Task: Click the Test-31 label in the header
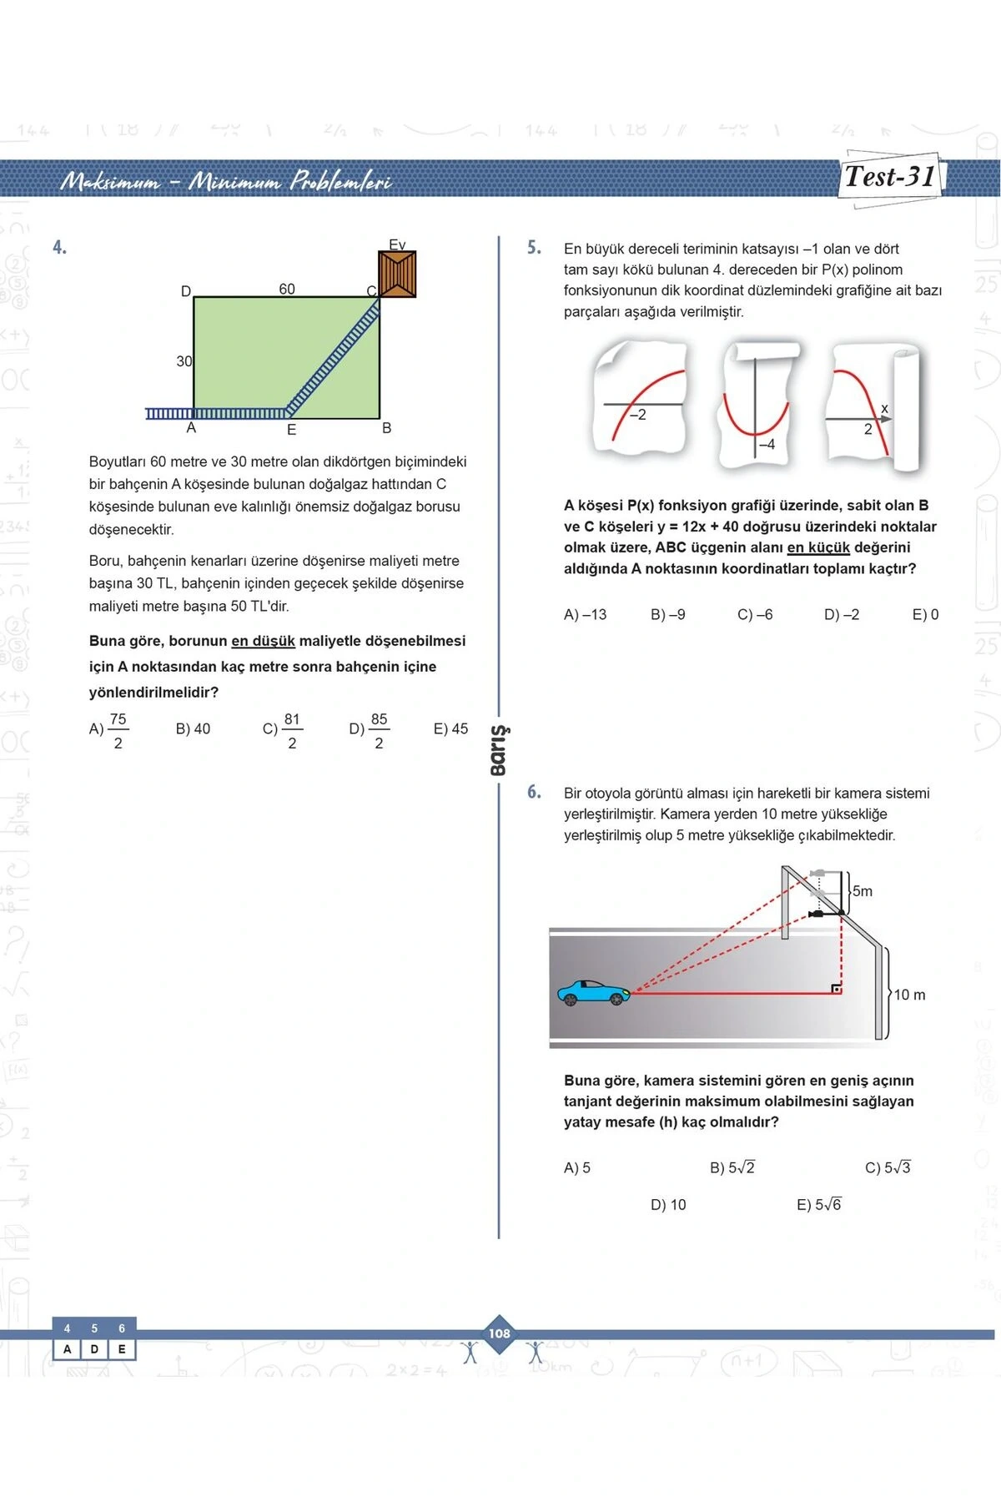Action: tap(889, 177)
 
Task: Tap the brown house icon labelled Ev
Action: tap(397, 275)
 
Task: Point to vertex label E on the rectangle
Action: tap(291, 430)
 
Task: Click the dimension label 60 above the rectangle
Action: tap(287, 289)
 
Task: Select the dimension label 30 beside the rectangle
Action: tap(184, 361)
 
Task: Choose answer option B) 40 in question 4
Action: tap(193, 728)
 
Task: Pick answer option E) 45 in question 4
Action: tap(450, 728)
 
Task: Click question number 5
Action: tap(534, 248)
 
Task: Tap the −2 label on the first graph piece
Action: tap(637, 415)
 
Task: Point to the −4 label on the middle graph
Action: tap(767, 444)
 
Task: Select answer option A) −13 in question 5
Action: tap(585, 614)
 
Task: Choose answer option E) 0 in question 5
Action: tap(925, 614)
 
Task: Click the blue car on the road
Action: tap(593, 992)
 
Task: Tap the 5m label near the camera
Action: tap(863, 891)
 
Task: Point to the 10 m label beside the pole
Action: tap(909, 995)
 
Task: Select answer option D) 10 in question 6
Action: tap(668, 1204)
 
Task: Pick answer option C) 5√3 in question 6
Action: tap(888, 1167)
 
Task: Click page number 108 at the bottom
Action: tap(500, 1333)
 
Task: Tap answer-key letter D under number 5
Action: tap(94, 1349)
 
